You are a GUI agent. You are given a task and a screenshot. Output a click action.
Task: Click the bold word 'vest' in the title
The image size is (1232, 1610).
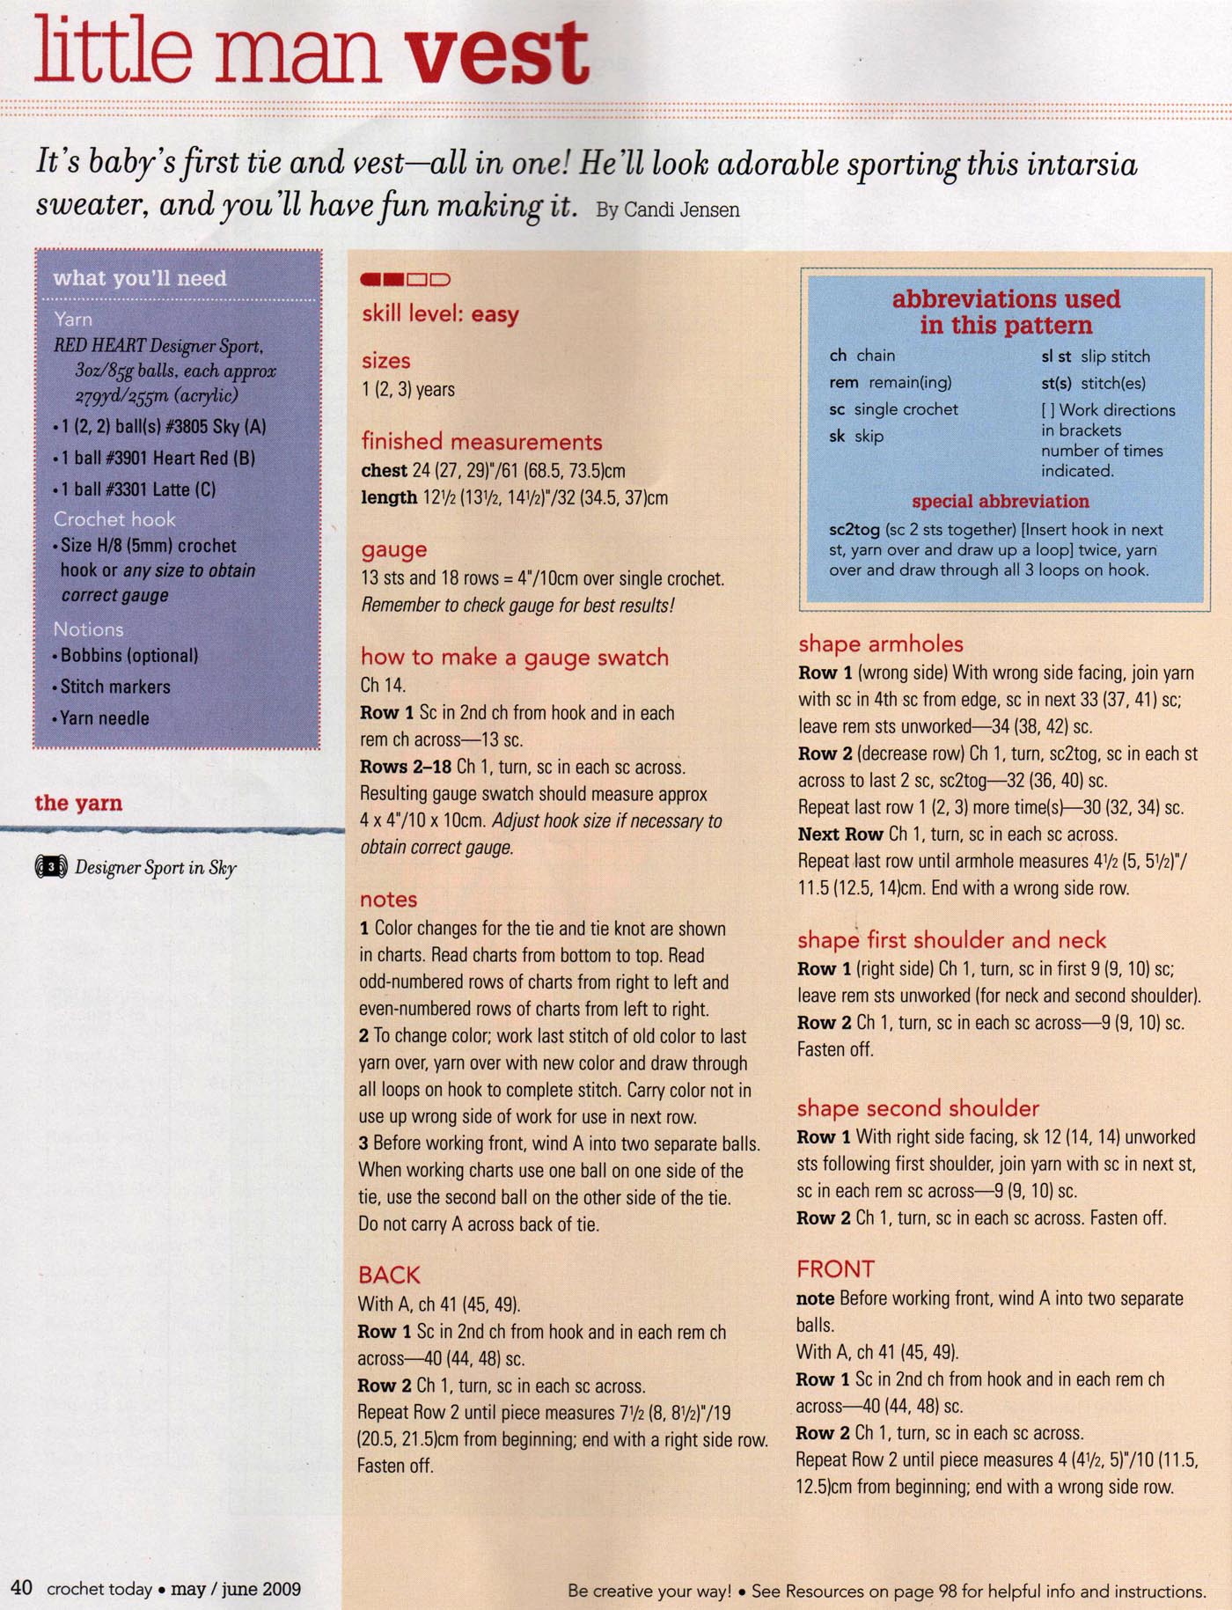click(x=497, y=55)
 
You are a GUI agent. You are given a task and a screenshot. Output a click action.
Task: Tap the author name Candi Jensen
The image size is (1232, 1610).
click(x=681, y=210)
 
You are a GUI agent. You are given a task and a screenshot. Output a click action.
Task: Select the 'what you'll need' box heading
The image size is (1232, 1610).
click(x=140, y=279)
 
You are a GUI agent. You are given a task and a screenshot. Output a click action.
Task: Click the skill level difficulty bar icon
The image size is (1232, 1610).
click(x=405, y=280)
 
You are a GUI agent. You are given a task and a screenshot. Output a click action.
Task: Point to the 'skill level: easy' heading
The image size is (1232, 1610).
click(x=440, y=314)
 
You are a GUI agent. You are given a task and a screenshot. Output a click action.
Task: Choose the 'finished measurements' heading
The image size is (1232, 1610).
click(x=481, y=442)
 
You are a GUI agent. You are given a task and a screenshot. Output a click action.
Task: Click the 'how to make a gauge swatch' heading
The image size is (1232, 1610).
click(x=514, y=658)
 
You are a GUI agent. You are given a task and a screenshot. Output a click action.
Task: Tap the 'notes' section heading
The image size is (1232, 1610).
click(x=388, y=900)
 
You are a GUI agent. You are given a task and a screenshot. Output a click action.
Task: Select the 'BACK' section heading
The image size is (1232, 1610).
click(x=389, y=1275)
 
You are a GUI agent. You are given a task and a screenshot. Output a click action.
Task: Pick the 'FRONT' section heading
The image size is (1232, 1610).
click(x=835, y=1269)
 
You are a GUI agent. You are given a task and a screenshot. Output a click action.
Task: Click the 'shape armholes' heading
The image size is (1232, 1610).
click(x=880, y=644)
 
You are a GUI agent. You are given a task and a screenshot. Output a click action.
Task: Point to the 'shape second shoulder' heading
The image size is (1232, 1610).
click(x=918, y=1108)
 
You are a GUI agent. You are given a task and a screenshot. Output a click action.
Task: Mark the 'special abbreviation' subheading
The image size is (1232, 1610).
click(x=1000, y=502)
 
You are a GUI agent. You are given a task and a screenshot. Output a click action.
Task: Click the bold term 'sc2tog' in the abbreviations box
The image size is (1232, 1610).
click(x=854, y=530)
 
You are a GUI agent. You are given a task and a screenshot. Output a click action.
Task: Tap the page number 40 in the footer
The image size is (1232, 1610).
click(x=22, y=1588)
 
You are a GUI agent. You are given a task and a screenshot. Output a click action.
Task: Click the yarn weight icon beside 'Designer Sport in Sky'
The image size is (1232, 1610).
click(x=51, y=868)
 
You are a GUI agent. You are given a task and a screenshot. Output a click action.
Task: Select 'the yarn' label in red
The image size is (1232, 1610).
click(x=78, y=803)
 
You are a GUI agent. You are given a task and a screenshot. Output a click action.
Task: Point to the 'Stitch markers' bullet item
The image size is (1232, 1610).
click(x=115, y=687)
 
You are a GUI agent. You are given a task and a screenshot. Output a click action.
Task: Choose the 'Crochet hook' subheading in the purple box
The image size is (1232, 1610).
click(x=114, y=519)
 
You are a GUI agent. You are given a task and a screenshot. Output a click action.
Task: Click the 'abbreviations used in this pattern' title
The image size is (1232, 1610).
click(x=1006, y=312)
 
